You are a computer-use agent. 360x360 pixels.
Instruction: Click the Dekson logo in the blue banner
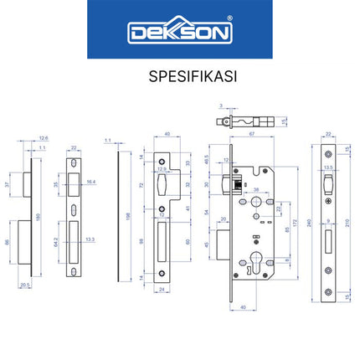tap(179, 33)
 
